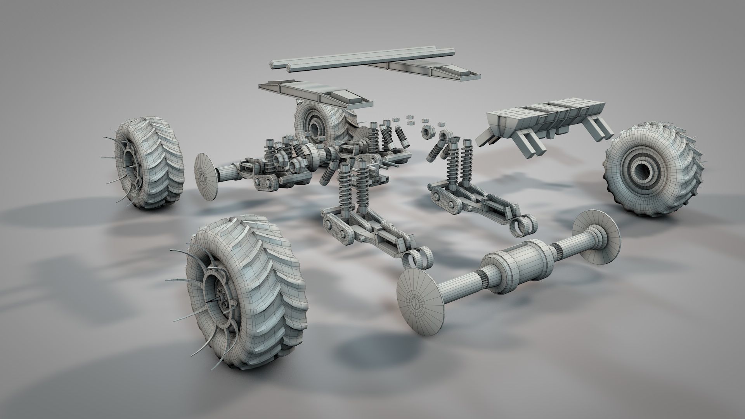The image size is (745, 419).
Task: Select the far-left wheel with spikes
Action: (149, 165)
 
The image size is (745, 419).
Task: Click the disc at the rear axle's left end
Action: (206, 177)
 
